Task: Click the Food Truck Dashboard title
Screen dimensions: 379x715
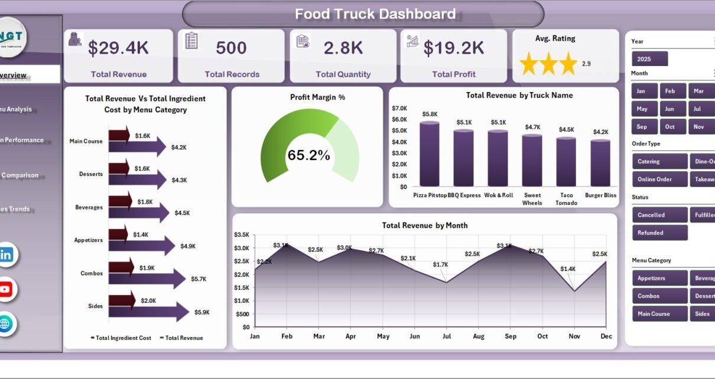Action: [375, 14]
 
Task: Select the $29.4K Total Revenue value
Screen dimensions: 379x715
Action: [119, 48]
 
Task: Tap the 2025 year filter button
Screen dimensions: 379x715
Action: [649, 59]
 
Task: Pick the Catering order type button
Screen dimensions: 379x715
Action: [659, 161]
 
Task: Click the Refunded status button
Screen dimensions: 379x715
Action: [659, 233]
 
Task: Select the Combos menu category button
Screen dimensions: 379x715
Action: [659, 296]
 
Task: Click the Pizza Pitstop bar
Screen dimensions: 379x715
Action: [430, 154]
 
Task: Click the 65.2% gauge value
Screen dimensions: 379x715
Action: [308, 155]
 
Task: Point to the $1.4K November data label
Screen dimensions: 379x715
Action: [568, 269]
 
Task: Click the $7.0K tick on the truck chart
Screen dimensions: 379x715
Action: [399, 108]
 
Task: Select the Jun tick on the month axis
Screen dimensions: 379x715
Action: [415, 336]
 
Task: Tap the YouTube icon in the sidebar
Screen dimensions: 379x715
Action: [5, 289]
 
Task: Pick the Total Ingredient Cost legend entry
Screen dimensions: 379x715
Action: [121, 338]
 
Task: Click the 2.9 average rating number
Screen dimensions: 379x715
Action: [586, 64]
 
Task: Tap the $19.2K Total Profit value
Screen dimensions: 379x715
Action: [453, 48]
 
